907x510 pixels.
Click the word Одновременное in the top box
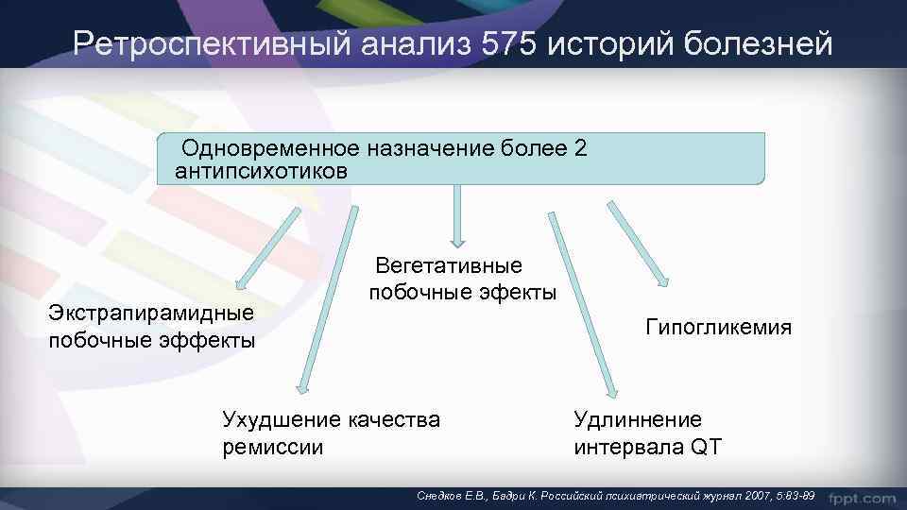tap(270, 148)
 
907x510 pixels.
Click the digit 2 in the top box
tap(580, 148)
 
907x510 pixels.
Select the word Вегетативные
tap(449, 267)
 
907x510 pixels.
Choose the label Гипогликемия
tap(719, 328)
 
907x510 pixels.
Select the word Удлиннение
tap(638, 419)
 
